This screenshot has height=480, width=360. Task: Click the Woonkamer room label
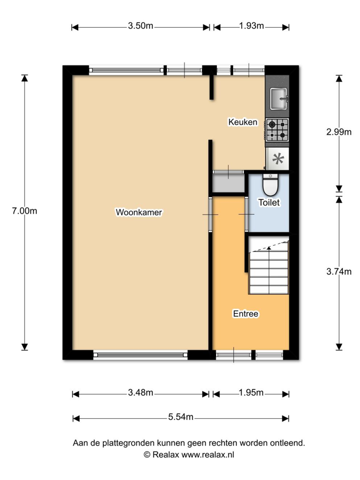(x=139, y=212)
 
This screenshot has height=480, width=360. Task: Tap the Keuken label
(x=243, y=122)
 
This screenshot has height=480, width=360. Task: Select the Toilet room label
(x=269, y=202)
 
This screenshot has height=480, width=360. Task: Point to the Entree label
(x=246, y=314)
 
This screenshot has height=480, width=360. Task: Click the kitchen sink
(x=278, y=98)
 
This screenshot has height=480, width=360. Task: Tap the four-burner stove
(x=277, y=130)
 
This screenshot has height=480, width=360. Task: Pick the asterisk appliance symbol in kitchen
(x=278, y=158)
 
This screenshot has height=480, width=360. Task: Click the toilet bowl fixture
(x=271, y=185)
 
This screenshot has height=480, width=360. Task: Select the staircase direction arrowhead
(x=269, y=248)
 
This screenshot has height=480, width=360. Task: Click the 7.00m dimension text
(x=24, y=211)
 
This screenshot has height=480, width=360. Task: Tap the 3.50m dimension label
(x=140, y=25)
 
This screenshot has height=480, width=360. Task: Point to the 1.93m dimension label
(x=251, y=25)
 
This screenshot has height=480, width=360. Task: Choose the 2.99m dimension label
(x=339, y=132)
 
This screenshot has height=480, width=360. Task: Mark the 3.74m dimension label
(x=339, y=272)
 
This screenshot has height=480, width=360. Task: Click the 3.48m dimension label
(x=140, y=392)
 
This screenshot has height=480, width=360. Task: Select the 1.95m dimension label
(x=251, y=392)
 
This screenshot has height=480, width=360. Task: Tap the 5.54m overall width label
(x=181, y=417)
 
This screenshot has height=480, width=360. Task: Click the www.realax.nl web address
(x=208, y=455)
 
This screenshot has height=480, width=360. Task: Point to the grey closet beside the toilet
(x=229, y=183)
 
